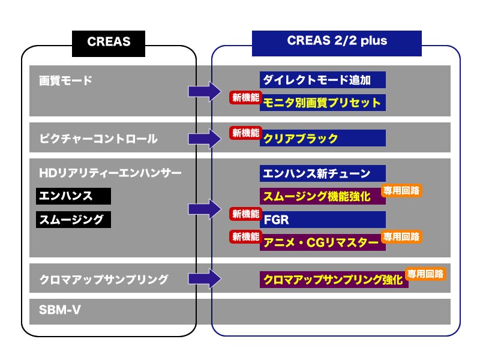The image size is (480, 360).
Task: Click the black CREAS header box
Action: click(109, 41)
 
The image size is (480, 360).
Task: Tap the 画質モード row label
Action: click(66, 80)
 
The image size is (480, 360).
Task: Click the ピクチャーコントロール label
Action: click(98, 139)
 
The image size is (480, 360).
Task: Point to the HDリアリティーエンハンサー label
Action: click(110, 173)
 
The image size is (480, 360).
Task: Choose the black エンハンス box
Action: click(73, 196)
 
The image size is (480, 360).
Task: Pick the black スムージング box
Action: click(73, 220)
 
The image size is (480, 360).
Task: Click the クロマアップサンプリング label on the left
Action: click(103, 279)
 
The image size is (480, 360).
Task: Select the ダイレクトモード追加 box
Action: click(323, 80)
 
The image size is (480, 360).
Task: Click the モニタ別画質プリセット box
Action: click(323, 103)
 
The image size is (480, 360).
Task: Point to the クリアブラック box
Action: click(323, 139)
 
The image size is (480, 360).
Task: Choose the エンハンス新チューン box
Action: click(323, 174)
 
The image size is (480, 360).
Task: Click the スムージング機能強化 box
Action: click(320, 196)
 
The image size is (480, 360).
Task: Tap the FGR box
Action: click(323, 220)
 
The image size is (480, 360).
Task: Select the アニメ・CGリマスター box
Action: click(320, 242)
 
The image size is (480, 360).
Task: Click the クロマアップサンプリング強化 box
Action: click(332, 280)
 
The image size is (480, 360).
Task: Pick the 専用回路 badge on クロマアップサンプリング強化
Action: click(425, 274)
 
